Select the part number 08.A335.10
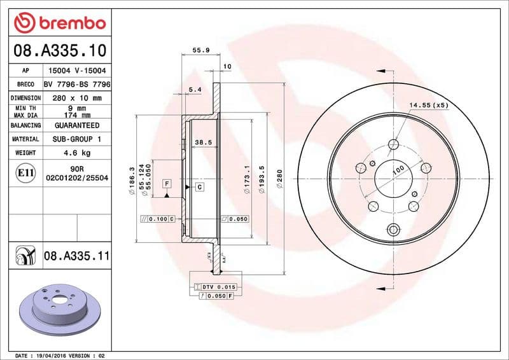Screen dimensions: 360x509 point(59,50)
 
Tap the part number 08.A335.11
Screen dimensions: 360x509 point(77,256)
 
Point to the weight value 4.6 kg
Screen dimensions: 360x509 point(77,153)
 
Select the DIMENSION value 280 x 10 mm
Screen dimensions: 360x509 point(77,99)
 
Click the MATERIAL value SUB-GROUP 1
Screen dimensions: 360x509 point(77,139)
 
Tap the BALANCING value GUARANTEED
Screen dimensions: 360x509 point(77,126)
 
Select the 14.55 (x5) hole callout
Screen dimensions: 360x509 point(428,105)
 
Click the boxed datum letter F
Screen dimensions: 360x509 point(167,184)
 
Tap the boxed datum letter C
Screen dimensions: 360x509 point(199,187)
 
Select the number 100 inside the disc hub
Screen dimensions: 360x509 point(398,170)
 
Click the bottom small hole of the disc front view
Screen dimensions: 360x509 point(393,230)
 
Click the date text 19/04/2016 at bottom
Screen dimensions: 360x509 point(53,355)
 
